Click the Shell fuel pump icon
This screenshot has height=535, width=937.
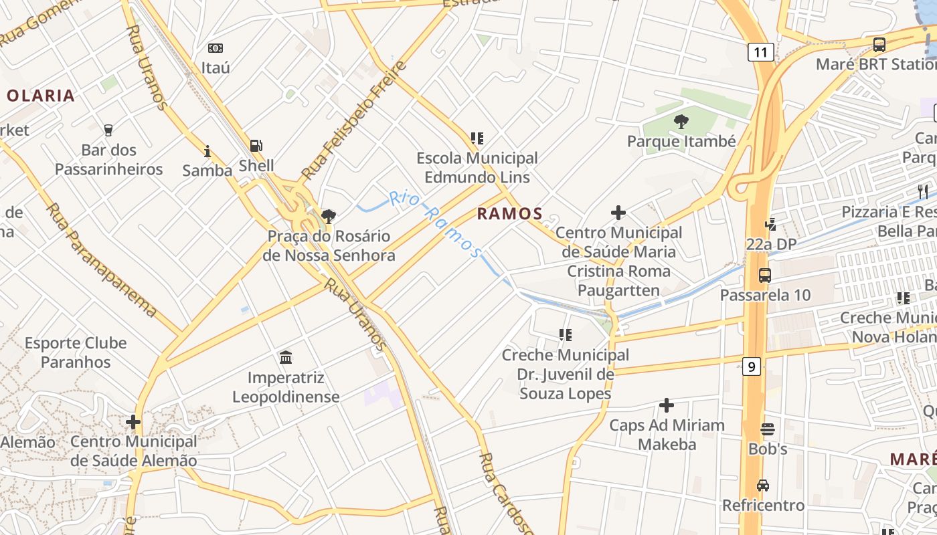[256, 146]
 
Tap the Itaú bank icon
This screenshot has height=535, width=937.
[216, 48]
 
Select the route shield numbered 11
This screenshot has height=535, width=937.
[761, 52]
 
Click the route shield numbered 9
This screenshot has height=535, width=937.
[752, 366]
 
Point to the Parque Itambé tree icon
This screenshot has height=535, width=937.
[681, 122]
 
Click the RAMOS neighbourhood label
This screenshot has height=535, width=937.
[509, 214]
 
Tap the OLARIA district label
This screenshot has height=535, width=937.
[40, 96]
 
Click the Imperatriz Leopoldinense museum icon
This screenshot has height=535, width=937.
[286, 358]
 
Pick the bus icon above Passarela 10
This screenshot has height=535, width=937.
[764, 275]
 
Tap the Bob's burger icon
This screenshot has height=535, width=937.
[767, 429]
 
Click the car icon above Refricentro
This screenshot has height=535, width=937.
[763, 485]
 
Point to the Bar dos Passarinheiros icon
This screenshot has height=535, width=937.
[108, 130]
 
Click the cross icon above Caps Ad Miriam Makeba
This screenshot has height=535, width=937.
[667, 405]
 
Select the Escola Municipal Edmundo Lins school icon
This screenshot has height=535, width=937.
[477, 138]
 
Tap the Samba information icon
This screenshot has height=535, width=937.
[207, 152]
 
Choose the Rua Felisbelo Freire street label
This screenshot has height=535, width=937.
[354, 121]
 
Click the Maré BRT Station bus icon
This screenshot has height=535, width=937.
[879, 45]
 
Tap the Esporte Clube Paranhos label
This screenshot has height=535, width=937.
[76, 352]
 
